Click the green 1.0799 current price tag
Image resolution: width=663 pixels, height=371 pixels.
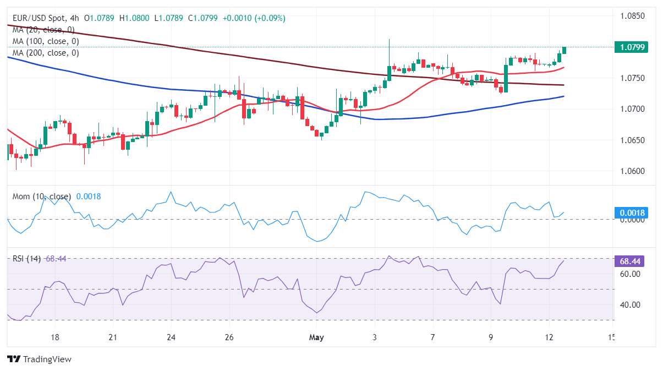630,47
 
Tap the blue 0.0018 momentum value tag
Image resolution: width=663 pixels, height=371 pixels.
630,213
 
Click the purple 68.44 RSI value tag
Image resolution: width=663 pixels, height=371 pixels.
630,261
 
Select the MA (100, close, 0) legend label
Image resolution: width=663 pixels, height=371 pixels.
46,41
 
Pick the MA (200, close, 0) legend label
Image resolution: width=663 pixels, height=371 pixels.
46,53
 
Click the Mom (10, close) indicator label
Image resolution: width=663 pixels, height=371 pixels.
42,197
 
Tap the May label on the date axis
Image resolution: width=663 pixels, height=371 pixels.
317,337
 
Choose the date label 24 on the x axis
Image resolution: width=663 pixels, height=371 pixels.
171,337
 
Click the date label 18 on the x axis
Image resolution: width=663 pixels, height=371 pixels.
54,337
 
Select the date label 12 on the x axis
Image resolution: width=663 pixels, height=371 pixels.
549,337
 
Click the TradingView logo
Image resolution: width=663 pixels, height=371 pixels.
40,359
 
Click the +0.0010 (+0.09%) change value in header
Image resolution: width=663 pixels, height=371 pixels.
254,18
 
